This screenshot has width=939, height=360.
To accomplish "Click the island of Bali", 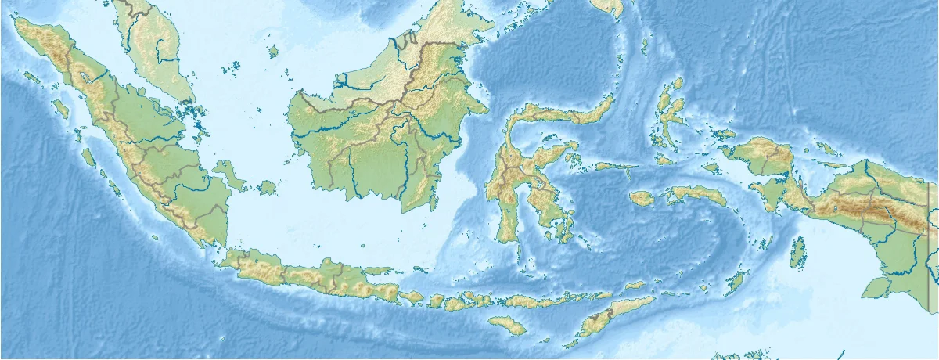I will [412, 297].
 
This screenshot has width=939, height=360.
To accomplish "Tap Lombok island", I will [437, 301].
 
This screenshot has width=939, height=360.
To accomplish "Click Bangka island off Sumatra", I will [228, 174].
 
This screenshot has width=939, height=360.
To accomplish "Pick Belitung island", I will [268, 188].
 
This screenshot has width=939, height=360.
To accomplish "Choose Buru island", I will [642, 198].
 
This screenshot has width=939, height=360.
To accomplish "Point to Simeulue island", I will [31, 77].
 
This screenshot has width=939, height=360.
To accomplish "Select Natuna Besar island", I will [273, 52].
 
